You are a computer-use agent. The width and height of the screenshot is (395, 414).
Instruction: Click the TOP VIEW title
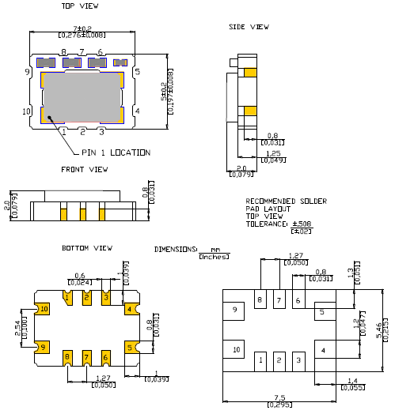coord(79,6)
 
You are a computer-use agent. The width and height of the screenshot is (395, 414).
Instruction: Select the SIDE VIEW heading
coord(249,27)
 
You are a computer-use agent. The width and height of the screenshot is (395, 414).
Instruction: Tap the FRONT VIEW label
coord(84,169)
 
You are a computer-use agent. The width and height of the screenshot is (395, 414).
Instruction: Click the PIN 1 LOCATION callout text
coord(115,152)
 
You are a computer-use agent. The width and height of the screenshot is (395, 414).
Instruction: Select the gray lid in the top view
coord(81,96)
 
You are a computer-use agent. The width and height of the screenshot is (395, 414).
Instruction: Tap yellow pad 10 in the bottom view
coord(44,308)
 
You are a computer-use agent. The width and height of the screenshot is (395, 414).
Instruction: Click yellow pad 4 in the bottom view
coord(129,308)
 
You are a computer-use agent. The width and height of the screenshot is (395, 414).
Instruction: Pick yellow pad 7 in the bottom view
coord(86,358)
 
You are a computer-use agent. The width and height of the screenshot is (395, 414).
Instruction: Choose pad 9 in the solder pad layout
coord(235,311)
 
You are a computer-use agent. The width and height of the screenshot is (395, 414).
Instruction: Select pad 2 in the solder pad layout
coord(278,359)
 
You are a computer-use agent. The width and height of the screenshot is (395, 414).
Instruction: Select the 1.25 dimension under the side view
coord(273,154)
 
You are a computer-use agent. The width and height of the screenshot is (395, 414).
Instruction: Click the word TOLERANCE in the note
coord(265,224)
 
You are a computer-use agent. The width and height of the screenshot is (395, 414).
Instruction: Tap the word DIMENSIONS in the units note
coord(176,249)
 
